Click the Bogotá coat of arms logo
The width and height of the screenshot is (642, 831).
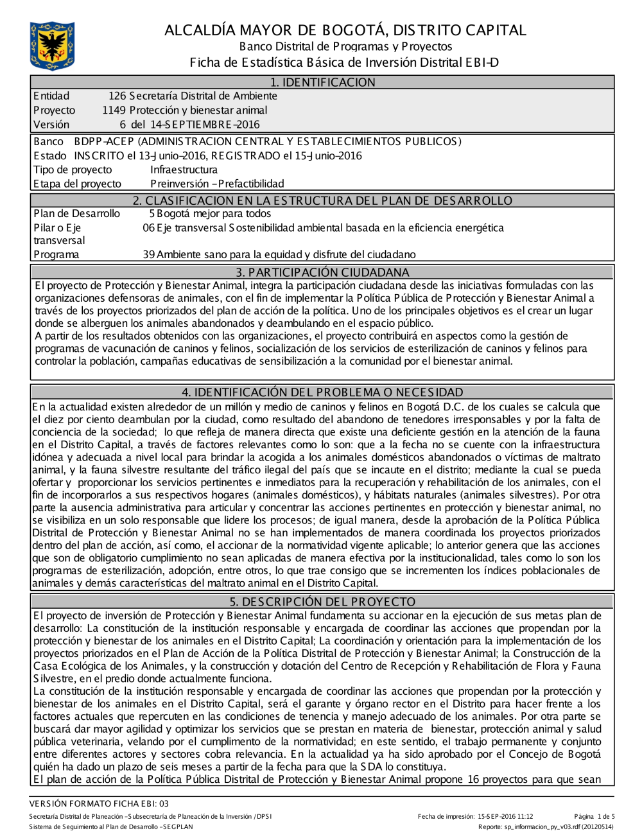[x=52, y=46]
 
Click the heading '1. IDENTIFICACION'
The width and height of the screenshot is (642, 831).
[x=322, y=82]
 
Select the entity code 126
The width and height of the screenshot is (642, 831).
[x=117, y=96]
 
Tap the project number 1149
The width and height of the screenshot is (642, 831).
[x=114, y=110]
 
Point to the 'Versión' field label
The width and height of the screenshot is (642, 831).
[x=51, y=125]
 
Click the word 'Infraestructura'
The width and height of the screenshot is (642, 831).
[x=184, y=170]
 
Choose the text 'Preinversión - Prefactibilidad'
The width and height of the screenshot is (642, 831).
[x=217, y=184]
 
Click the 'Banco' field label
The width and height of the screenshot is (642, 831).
[x=48, y=142]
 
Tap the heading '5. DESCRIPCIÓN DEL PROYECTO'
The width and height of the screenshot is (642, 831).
[x=322, y=602]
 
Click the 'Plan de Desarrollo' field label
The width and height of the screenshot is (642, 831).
[x=76, y=214]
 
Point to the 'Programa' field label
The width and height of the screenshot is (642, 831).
[x=56, y=255]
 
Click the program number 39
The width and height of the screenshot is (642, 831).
[x=149, y=255]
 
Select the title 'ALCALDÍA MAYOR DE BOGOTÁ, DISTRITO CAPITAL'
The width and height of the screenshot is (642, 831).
[x=345, y=30]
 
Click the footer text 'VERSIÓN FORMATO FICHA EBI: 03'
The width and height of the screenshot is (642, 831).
[x=99, y=803]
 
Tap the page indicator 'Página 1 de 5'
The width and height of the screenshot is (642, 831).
[x=594, y=817]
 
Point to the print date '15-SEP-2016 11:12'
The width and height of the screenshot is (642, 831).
[x=505, y=817]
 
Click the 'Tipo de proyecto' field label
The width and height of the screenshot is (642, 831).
[x=73, y=170]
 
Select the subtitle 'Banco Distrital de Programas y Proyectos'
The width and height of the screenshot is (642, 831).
[x=345, y=47]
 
